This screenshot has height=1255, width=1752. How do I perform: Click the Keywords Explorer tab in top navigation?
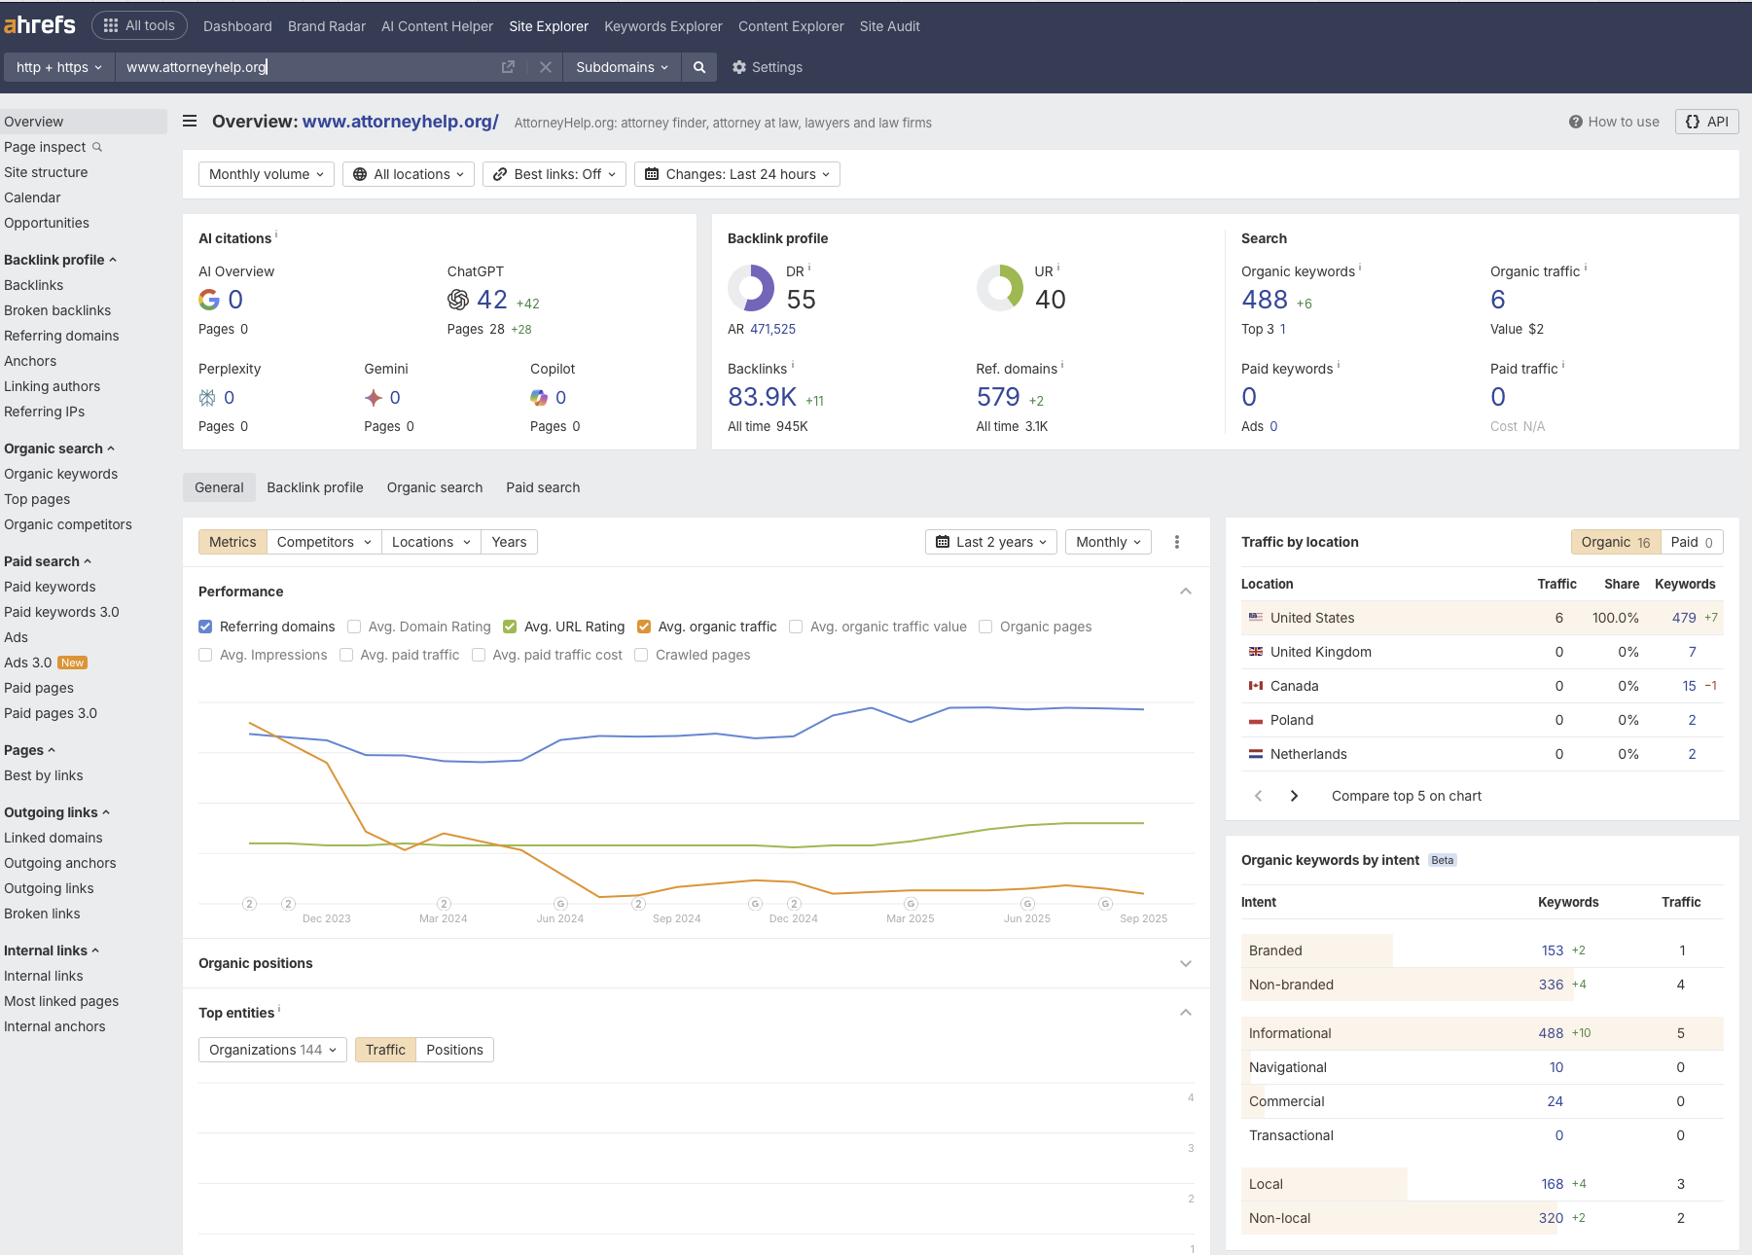coord(662,26)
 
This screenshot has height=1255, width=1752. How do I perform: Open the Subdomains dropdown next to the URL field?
coord(622,67)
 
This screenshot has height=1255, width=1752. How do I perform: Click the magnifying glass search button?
coord(698,67)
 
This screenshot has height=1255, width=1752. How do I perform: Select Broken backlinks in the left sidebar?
coord(57,310)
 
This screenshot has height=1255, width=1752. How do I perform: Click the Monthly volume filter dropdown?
coord(267,174)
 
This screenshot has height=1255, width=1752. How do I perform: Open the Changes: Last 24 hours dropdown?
coord(737,174)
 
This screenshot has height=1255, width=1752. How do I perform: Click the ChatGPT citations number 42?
coord(491,301)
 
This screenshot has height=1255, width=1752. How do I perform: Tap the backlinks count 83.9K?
coord(762,397)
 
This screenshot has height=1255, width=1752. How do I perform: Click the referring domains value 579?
coord(997,397)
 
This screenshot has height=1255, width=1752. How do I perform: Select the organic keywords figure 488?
coord(1264,301)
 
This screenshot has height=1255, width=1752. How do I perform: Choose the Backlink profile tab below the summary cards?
coord(315,487)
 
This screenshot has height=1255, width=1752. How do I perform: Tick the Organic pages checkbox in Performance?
coord(985,627)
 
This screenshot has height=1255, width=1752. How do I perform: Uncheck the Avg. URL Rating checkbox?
coord(510,627)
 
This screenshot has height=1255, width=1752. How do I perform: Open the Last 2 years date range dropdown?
coord(991,542)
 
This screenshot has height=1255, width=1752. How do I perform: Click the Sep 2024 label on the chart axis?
coord(676,918)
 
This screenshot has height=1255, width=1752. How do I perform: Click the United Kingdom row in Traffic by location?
coord(1320,652)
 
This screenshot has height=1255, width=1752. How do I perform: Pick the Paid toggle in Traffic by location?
coord(1691,542)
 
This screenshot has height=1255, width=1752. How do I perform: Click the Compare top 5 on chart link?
coord(1406,796)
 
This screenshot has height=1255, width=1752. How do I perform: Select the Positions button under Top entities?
coord(454,1050)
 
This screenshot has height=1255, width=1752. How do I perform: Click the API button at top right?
coord(1706,122)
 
